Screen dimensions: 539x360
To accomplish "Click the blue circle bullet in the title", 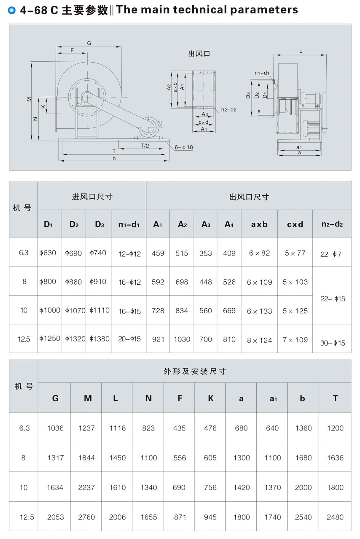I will click(12, 10).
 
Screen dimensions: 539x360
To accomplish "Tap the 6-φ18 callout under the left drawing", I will click(184, 147).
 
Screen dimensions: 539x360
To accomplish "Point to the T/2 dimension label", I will click(145, 146).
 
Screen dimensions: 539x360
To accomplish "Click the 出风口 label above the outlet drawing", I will click(199, 54).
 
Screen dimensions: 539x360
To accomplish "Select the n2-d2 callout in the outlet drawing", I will click(229, 110).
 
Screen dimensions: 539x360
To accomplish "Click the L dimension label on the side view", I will click(301, 51).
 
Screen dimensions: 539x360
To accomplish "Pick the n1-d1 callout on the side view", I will click(262, 73).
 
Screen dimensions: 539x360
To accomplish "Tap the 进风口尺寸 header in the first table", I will click(92, 197).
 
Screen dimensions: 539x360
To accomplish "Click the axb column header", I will click(259, 224).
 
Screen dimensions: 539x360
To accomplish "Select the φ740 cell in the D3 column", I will click(98, 253).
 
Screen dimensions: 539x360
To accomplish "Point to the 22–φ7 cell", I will click(331, 254).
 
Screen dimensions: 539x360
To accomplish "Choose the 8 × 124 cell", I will click(259, 340).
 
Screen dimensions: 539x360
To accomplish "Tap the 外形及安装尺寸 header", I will click(195, 371).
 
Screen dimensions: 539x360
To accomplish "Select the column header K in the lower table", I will click(211, 398).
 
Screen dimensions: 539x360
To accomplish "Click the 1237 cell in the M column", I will click(87, 428).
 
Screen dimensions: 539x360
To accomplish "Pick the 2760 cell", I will click(87, 517).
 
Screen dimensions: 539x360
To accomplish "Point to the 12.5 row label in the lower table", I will click(27, 517).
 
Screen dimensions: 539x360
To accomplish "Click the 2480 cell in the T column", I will click(335, 517).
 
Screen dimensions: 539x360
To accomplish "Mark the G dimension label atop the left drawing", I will click(89, 43).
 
